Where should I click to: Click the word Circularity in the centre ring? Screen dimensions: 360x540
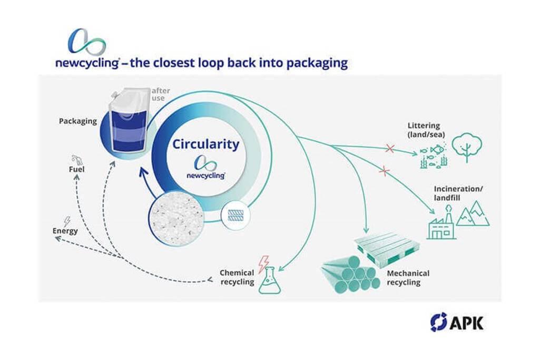(204, 144)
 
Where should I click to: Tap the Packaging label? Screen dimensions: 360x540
(77, 121)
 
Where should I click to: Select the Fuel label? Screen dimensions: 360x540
(77, 169)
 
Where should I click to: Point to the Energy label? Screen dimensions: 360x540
(65, 231)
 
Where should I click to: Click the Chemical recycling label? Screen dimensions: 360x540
(237, 277)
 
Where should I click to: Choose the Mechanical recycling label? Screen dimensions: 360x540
(408, 278)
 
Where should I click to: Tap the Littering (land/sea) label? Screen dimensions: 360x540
(426, 130)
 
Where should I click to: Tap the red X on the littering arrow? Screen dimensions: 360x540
(390, 149)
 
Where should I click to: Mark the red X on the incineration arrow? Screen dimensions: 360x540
(384, 171)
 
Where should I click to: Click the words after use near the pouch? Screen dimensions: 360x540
(161, 94)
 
